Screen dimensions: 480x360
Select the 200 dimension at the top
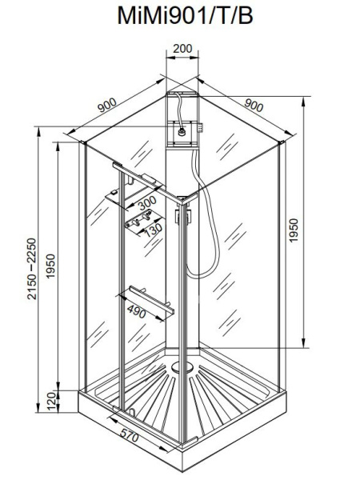(x=182, y=50)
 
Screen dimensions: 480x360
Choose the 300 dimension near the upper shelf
(x=146, y=206)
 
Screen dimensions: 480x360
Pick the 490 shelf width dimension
(x=138, y=314)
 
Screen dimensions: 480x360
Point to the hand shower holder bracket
(x=181, y=216)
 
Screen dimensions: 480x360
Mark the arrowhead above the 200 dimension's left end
(x=167, y=59)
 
